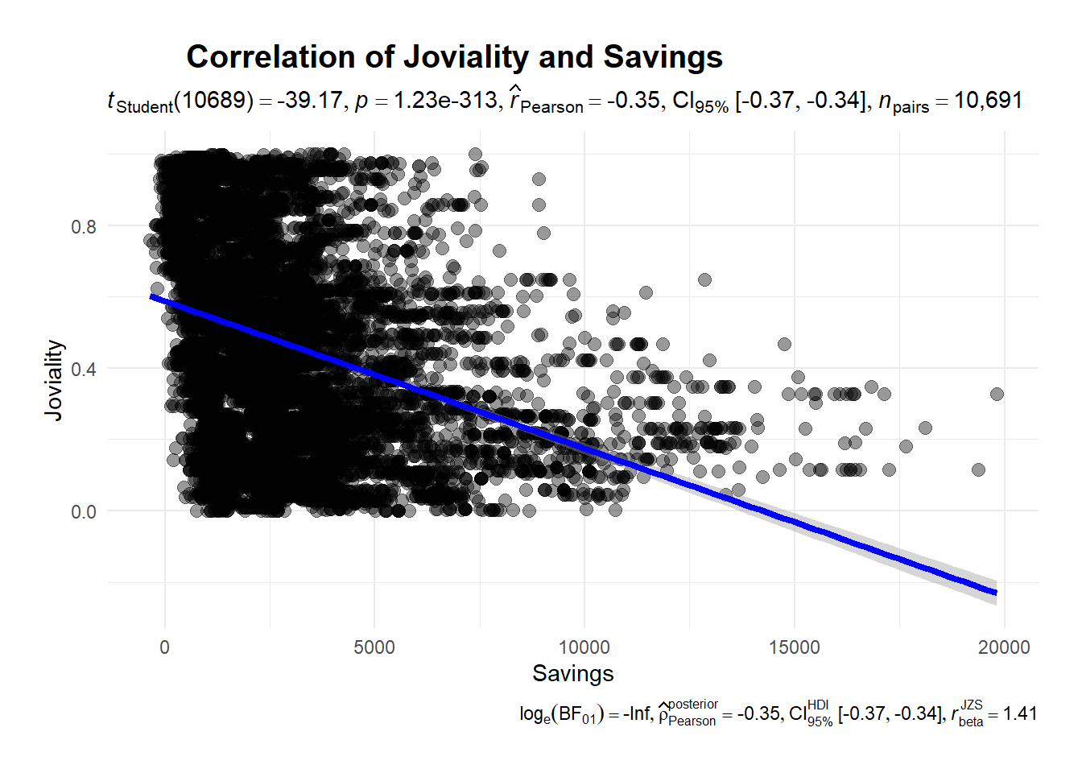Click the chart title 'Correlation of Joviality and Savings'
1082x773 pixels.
point(454,57)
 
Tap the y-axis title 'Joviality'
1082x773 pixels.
point(53,379)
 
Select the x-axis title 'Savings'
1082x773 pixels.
point(572,673)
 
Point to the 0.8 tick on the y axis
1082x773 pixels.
point(83,226)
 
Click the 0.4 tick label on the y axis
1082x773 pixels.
point(83,370)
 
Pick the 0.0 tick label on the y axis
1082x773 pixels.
point(83,512)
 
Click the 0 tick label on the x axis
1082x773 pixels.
point(165,647)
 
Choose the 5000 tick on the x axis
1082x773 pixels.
point(374,647)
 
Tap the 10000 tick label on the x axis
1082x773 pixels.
point(584,647)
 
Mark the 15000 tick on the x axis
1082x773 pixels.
point(795,647)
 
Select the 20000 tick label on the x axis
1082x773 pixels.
point(1004,647)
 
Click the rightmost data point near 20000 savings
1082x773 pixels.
point(997,394)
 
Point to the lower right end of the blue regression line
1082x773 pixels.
point(996,593)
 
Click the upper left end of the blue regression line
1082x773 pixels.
point(151,296)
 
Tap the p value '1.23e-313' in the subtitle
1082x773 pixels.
point(445,101)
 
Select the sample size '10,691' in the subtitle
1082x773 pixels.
point(988,101)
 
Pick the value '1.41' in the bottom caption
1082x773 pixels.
point(1020,713)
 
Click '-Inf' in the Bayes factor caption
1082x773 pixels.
point(638,713)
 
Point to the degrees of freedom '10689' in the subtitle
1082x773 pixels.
point(213,101)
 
